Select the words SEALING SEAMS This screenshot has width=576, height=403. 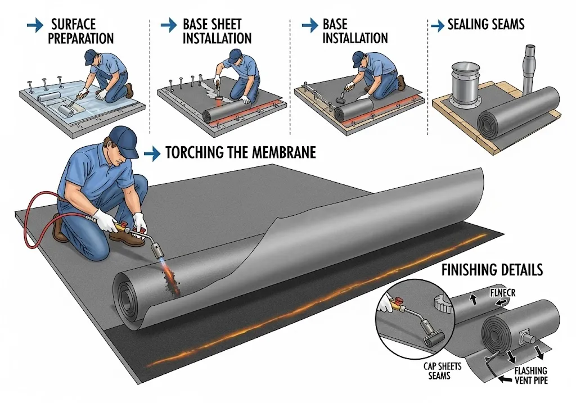[x=485, y=25]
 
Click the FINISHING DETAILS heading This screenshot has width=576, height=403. [x=492, y=270]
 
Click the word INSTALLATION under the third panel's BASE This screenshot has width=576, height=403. [x=355, y=38]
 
